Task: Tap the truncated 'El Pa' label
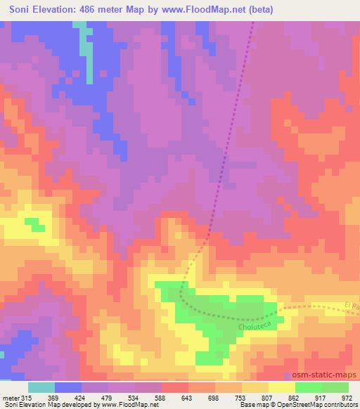coord(352,305)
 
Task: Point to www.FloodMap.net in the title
coord(199,10)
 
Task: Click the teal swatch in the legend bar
coord(41,387)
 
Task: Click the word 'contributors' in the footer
coord(340,405)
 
